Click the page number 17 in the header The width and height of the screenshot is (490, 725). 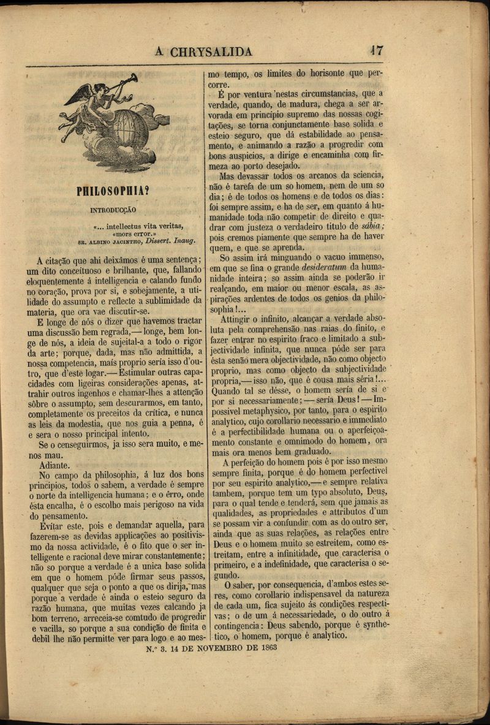coord(377,50)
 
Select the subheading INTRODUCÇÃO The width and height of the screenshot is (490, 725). coord(113,210)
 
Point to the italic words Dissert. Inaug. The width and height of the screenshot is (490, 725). coord(175,241)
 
